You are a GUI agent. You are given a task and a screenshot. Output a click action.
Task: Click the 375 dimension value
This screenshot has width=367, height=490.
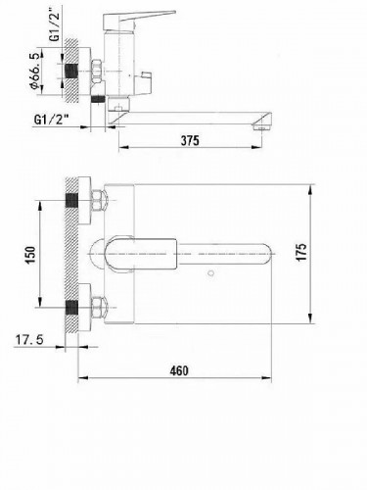coord(190,141)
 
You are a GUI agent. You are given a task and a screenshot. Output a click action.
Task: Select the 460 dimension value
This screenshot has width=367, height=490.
coord(179,370)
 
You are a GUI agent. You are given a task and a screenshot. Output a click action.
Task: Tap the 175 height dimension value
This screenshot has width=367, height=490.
coord(301,252)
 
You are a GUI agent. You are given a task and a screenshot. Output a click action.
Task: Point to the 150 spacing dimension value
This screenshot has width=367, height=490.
coord(30,255)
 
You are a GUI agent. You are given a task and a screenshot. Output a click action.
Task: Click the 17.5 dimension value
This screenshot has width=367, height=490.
coord(29,340)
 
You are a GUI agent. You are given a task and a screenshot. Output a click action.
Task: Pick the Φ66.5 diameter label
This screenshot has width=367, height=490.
coord(35,71)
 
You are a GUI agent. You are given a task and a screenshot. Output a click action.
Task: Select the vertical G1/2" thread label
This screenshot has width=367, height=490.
coord(56,27)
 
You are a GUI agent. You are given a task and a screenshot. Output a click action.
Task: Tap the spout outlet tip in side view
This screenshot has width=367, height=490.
coord(263,122)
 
